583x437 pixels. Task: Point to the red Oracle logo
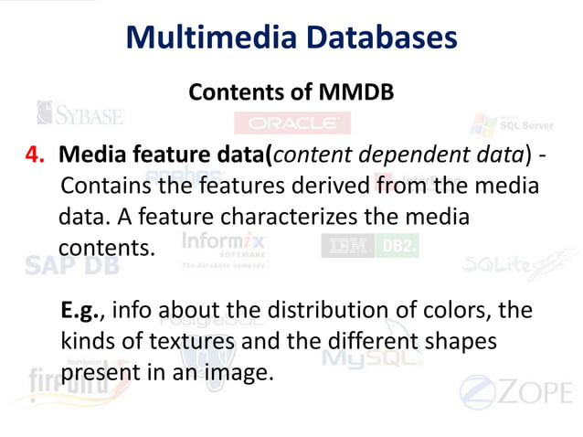(291, 123)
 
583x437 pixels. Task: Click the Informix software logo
(223, 247)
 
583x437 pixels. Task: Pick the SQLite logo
(507, 265)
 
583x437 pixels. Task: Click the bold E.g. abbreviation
(84, 311)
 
